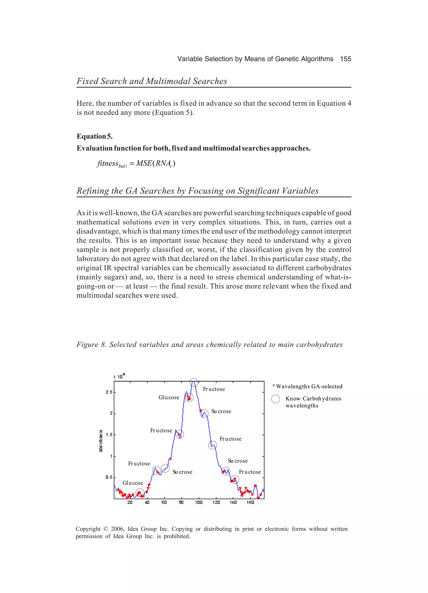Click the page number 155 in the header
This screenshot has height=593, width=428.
tap(345, 59)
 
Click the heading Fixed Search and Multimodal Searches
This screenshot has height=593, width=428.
tap(152, 81)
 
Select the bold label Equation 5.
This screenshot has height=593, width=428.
tap(94, 136)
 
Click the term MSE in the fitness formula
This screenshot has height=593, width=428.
tap(144, 163)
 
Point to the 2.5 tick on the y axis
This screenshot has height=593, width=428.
tap(109, 392)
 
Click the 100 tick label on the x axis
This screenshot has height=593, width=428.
tap(199, 502)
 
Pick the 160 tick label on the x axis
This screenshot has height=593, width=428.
tap(250, 502)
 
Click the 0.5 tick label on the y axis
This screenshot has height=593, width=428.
tap(109, 477)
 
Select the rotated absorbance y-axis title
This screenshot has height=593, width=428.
tap(101, 441)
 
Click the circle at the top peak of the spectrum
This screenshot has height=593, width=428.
tap(194, 383)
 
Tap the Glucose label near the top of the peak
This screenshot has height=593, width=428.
tap(169, 397)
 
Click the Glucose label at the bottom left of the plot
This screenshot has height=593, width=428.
tap(133, 483)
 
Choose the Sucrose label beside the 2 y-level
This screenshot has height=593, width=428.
tap(221, 411)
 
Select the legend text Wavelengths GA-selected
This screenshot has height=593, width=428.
tap(309, 386)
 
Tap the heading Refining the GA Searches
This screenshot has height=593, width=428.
tap(197, 191)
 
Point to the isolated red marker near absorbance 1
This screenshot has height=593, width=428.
tap(171, 459)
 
